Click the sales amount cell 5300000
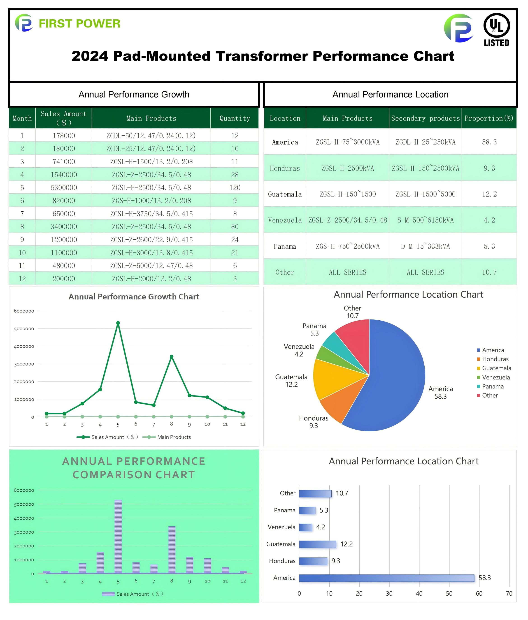pos(64,187)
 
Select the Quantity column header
pos(235,118)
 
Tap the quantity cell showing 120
pos(235,187)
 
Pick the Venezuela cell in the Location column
pos(285,220)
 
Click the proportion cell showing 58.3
pos(489,142)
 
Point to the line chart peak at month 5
pos(118,323)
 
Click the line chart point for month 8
pos(172,356)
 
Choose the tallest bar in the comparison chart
pos(118,536)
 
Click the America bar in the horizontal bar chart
pos(386,578)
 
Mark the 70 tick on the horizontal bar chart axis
pos(509,593)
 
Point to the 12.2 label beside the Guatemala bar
pos(346,544)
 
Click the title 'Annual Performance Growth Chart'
pos(134,297)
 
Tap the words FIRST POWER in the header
pos(80,23)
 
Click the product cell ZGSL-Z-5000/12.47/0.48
pos(151,266)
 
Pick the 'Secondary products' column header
pos(425,118)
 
